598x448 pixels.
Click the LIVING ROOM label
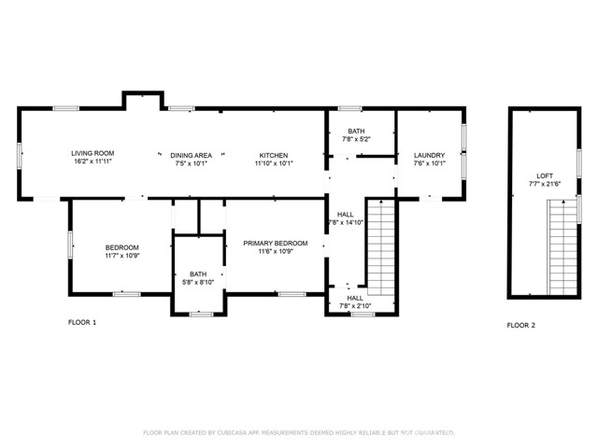(x=93, y=154)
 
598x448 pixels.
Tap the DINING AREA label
(x=191, y=154)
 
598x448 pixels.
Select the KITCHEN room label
(x=274, y=154)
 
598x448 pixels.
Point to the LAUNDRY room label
(x=429, y=154)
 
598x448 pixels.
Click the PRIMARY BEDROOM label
(x=275, y=243)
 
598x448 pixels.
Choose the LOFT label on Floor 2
(x=544, y=175)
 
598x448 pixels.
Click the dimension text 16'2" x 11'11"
(x=93, y=162)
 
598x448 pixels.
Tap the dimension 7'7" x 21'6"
(x=544, y=183)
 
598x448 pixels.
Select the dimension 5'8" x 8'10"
(x=198, y=282)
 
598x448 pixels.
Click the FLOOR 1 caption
(x=82, y=322)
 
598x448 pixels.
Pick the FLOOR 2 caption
(x=521, y=326)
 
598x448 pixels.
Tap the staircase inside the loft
(x=562, y=246)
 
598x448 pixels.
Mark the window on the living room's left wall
(x=19, y=154)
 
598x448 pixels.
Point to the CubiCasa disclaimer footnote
(x=298, y=433)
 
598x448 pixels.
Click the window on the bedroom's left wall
(x=70, y=246)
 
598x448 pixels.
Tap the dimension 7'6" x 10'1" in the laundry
(x=429, y=163)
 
